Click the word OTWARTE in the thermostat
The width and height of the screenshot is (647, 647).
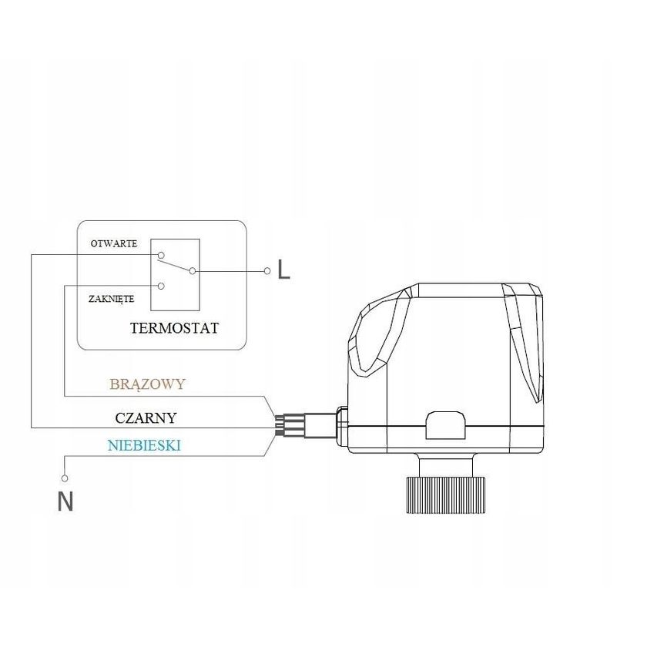click(x=114, y=243)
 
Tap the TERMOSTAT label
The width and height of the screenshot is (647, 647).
click(x=174, y=328)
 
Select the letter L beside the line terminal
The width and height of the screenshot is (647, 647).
click(x=284, y=270)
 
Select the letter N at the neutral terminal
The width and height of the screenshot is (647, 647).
click(x=65, y=502)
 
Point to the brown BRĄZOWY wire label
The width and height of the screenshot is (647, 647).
click(x=147, y=384)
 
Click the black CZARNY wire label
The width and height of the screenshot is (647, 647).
click(x=146, y=418)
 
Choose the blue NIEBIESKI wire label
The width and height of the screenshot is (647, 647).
click(x=145, y=445)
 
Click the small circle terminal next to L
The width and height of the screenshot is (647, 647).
click(x=267, y=271)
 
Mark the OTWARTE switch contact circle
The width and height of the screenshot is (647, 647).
click(x=161, y=255)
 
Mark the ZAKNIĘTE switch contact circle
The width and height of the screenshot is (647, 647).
click(x=161, y=286)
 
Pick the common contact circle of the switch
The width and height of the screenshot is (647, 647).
click(x=192, y=271)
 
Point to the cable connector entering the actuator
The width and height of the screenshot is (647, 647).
click(x=308, y=424)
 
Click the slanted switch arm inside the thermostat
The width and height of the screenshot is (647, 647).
click(x=176, y=263)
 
